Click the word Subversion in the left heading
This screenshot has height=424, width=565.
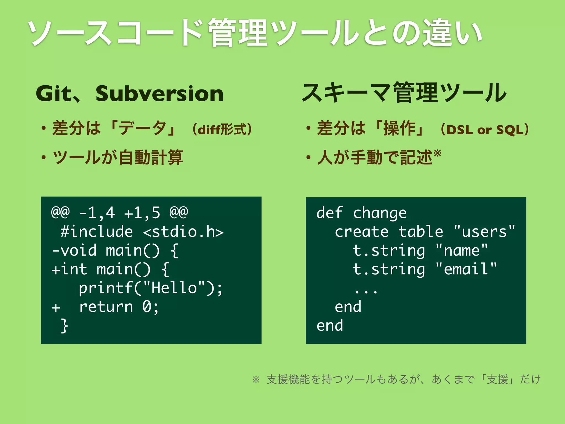[x=159, y=94]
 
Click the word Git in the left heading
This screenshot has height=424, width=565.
[x=54, y=94]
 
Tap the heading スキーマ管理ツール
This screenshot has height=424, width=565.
[x=404, y=93]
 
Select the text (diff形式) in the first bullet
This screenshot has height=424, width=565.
[x=222, y=129]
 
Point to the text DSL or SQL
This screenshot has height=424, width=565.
[x=484, y=130]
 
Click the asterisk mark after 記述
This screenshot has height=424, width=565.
[x=437, y=153]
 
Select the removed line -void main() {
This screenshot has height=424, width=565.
[x=115, y=250]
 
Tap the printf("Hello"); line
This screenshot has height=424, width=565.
[x=150, y=288]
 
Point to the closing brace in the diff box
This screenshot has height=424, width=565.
[x=65, y=326]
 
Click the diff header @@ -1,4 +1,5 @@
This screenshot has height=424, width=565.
[x=119, y=213]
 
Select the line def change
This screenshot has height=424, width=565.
[x=361, y=213]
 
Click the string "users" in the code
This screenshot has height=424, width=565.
[x=484, y=231]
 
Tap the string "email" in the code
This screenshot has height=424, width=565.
[x=466, y=269]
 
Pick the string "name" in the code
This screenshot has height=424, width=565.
[x=462, y=250]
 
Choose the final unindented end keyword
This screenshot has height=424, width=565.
[x=330, y=326]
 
